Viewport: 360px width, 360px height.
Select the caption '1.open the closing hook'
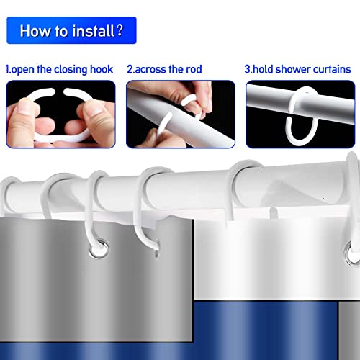click(x=60, y=70)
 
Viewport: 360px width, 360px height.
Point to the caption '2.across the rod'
click(x=164, y=70)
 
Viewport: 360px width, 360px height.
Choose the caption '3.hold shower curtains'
click(x=298, y=70)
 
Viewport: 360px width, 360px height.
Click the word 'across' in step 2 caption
click(x=154, y=70)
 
